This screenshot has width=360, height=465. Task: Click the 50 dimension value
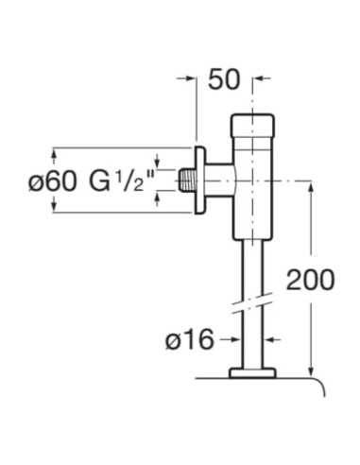[224, 79]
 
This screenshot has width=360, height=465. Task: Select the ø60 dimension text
[52, 181]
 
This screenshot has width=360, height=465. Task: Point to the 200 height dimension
[310, 280]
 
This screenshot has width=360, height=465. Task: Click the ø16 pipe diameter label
[190, 339]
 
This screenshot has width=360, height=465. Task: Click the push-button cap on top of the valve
[252, 126]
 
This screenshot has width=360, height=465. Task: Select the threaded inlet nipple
[186, 181]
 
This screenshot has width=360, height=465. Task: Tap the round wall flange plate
[199, 181]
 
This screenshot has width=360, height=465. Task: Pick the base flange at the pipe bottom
[252, 373]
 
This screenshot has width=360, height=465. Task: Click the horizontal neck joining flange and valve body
[219, 181]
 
